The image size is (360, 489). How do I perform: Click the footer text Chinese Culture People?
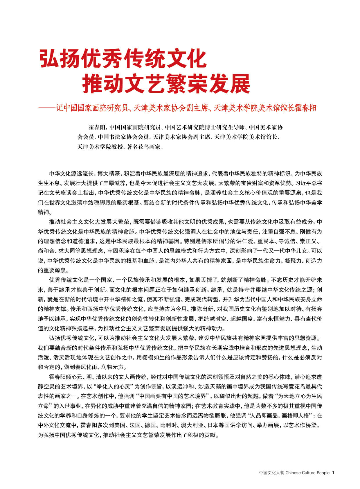307,473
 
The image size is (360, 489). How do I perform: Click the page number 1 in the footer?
333,473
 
